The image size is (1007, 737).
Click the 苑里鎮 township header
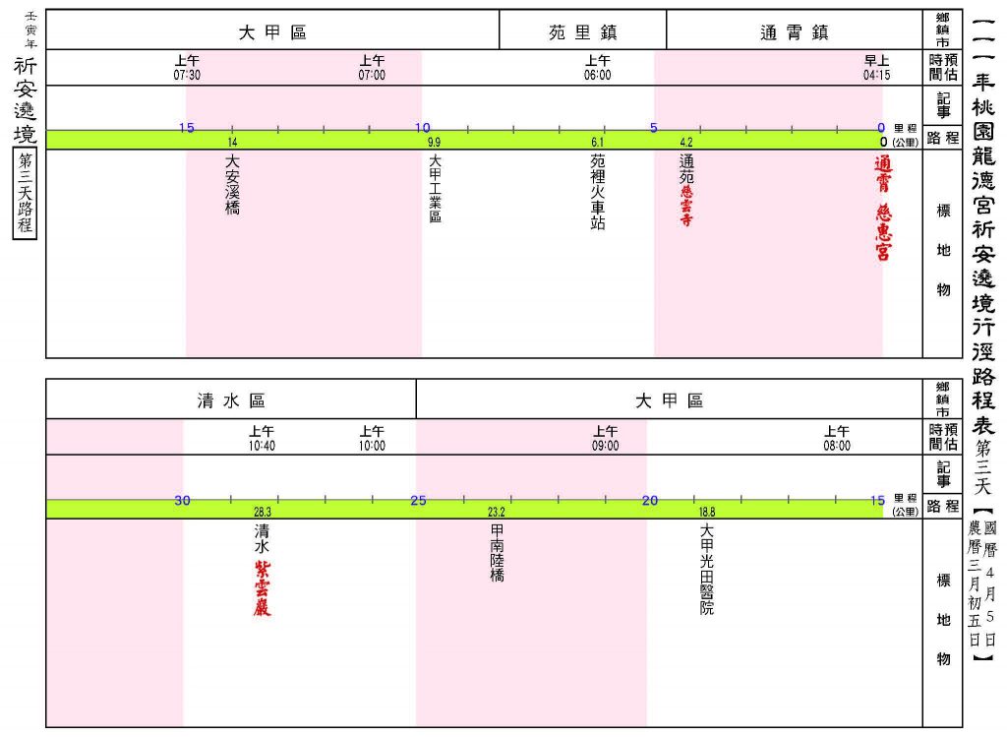[582, 32]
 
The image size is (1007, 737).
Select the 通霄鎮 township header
[795, 32]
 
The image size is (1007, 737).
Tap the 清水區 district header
[231, 400]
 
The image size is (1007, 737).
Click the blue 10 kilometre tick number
[423, 127]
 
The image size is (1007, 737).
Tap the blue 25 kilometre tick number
[418, 501]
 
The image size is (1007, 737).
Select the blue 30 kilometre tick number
[182, 501]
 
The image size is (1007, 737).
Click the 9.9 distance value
[434, 143]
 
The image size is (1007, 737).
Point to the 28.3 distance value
[263, 512]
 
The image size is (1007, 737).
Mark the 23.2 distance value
[497, 512]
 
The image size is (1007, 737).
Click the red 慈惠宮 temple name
[884, 232]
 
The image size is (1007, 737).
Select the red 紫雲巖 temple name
[262, 588]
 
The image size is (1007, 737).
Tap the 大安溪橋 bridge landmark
[232, 184]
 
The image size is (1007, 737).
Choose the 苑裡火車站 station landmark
[597, 192]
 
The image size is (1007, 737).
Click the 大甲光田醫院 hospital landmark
[706, 570]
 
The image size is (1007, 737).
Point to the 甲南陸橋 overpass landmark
[497, 553]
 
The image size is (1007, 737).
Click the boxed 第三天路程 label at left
[25, 194]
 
